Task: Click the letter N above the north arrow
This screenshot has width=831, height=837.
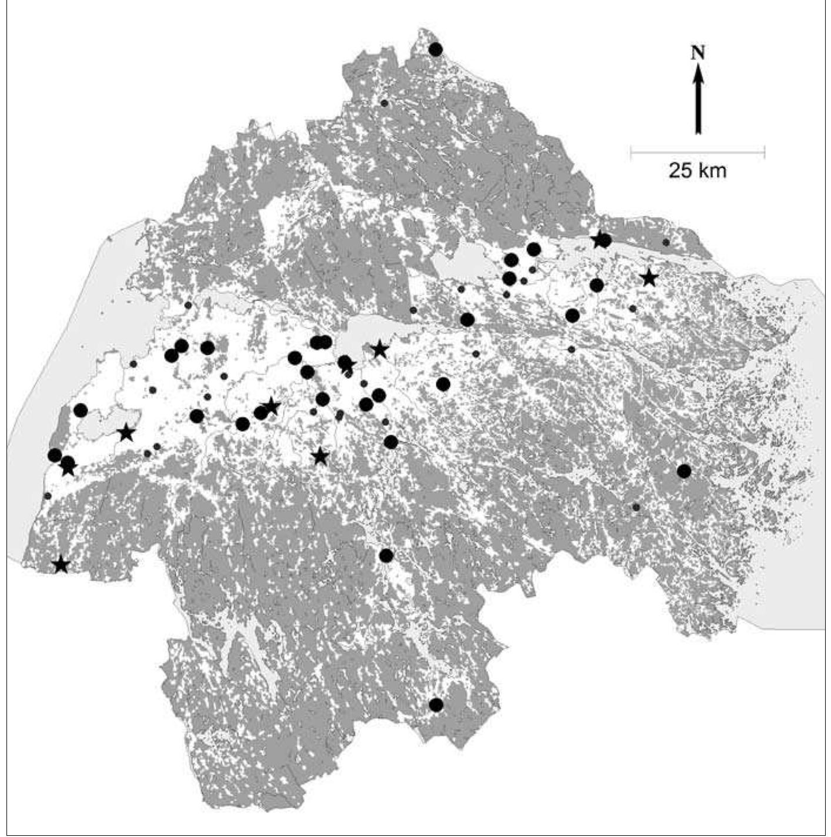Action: point(698,52)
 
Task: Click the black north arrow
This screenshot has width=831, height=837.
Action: point(698,100)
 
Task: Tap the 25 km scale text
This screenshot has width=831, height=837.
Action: point(697,171)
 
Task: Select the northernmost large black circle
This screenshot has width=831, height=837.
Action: point(435,49)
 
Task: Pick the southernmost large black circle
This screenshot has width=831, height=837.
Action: point(436,705)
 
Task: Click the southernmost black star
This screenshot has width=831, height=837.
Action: point(61,565)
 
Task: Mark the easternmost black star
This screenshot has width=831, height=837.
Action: point(649,278)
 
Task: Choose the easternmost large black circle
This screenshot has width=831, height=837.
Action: point(683,471)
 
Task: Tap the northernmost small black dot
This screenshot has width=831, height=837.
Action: point(384,103)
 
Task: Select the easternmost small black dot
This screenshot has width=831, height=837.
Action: point(666,242)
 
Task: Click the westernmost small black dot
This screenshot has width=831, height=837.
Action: point(48,496)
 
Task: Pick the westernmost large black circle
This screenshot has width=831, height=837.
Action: point(55,455)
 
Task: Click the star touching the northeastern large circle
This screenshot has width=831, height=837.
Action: point(599,239)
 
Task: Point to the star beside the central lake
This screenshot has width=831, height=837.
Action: point(380,350)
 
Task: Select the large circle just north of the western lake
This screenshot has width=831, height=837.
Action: point(81,410)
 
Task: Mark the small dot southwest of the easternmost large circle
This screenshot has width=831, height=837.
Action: point(636,507)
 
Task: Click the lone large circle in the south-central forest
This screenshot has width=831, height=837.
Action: point(386,555)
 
